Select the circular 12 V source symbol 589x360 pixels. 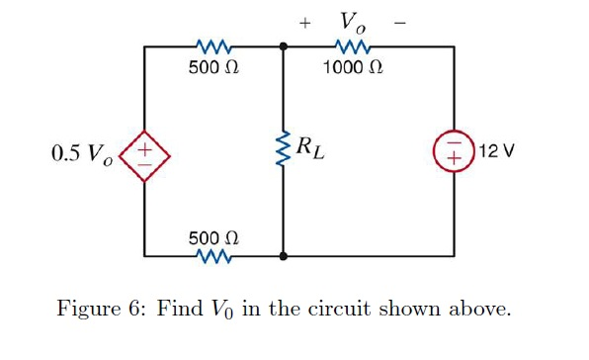pos(454,152)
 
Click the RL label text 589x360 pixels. pos(314,151)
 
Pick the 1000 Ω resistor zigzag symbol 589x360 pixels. pos(352,46)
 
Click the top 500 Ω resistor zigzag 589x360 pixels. pos(213,46)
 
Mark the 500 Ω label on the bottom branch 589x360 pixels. pos(213,238)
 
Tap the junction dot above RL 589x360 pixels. pos(284,46)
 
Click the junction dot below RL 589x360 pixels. pos(284,257)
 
